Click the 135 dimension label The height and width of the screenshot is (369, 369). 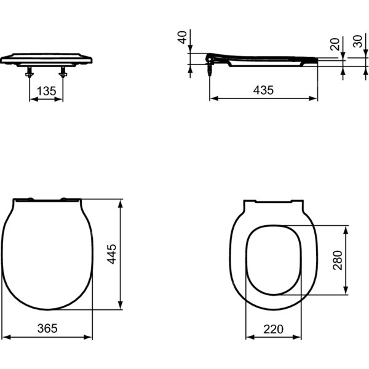[47, 91]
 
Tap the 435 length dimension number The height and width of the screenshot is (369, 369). [263, 90]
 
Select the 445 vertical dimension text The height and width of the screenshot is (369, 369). [111, 254]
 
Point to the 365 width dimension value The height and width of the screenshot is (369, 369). [47, 328]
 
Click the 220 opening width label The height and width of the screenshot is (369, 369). [273, 329]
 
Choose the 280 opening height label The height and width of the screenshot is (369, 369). [338, 260]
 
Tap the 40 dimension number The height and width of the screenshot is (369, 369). [182, 37]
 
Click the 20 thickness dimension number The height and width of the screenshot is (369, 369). [335, 44]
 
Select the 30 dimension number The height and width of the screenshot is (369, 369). [358, 41]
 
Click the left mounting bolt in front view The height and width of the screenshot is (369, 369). [30, 72]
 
